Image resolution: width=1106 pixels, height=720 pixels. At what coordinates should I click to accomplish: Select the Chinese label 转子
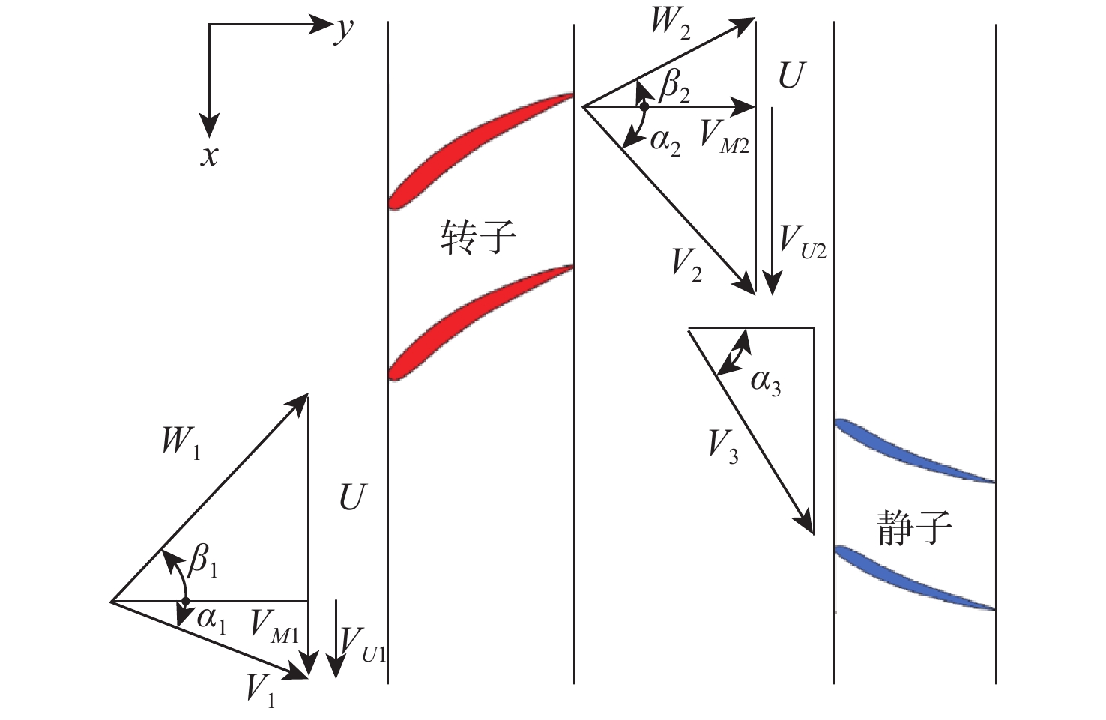click(477, 238)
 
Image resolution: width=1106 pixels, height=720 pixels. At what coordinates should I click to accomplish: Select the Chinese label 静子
click(914, 528)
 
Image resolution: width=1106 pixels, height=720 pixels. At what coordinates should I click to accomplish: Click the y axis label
click(344, 30)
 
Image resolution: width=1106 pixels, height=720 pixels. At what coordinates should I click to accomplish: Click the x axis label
click(210, 156)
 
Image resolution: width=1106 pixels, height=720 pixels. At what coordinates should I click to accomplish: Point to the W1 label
click(181, 442)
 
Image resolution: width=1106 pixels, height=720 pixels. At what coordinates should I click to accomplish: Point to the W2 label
click(670, 22)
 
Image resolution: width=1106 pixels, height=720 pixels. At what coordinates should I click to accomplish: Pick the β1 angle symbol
click(203, 560)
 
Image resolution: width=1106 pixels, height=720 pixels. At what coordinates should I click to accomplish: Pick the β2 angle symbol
click(674, 88)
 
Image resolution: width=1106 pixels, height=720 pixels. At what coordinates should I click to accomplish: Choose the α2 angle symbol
click(665, 140)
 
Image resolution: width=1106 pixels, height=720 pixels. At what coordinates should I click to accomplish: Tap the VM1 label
click(274, 625)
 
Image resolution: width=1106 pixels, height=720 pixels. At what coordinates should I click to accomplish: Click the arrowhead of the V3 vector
click(809, 524)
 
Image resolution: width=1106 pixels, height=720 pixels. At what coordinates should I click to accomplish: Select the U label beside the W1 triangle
click(352, 497)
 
